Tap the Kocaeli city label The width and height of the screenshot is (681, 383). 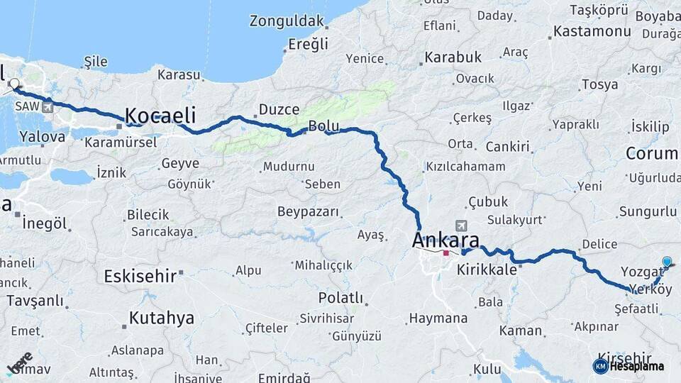(160, 115)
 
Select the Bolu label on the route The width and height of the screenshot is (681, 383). (323, 127)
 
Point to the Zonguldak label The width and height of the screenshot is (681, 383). (287, 21)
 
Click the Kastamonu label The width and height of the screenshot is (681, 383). (592, 31)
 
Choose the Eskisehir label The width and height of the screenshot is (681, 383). (140, 275)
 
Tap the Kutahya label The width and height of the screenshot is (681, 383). (161, 318)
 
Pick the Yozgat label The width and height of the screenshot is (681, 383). (641, 272)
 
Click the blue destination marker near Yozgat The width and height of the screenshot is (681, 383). (666, 262)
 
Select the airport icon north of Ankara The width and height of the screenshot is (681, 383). (463, 225)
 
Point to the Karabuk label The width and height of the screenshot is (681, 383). (453, 57)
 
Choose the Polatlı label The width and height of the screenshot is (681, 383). (340, 297)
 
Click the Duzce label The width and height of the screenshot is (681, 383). (279, 109)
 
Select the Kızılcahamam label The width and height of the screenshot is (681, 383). (465, 167)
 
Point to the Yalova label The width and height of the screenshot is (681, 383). (43, 135)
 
